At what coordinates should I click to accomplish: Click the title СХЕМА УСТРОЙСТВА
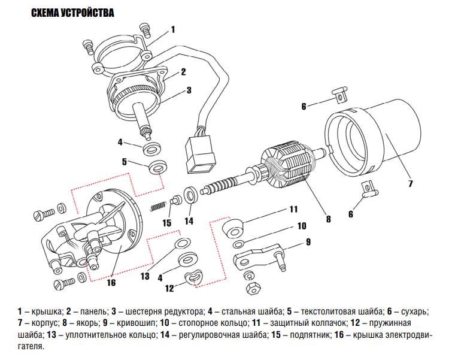pos(72,13)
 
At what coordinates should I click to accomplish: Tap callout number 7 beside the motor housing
pos(411,183)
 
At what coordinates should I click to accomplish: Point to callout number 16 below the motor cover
pos(111,283)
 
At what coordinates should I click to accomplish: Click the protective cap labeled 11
pos(233,229)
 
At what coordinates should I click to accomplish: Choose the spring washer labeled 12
pos(193,277)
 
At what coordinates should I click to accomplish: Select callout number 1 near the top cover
pos(173,29)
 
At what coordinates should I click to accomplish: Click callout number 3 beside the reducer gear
pos(188,90)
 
